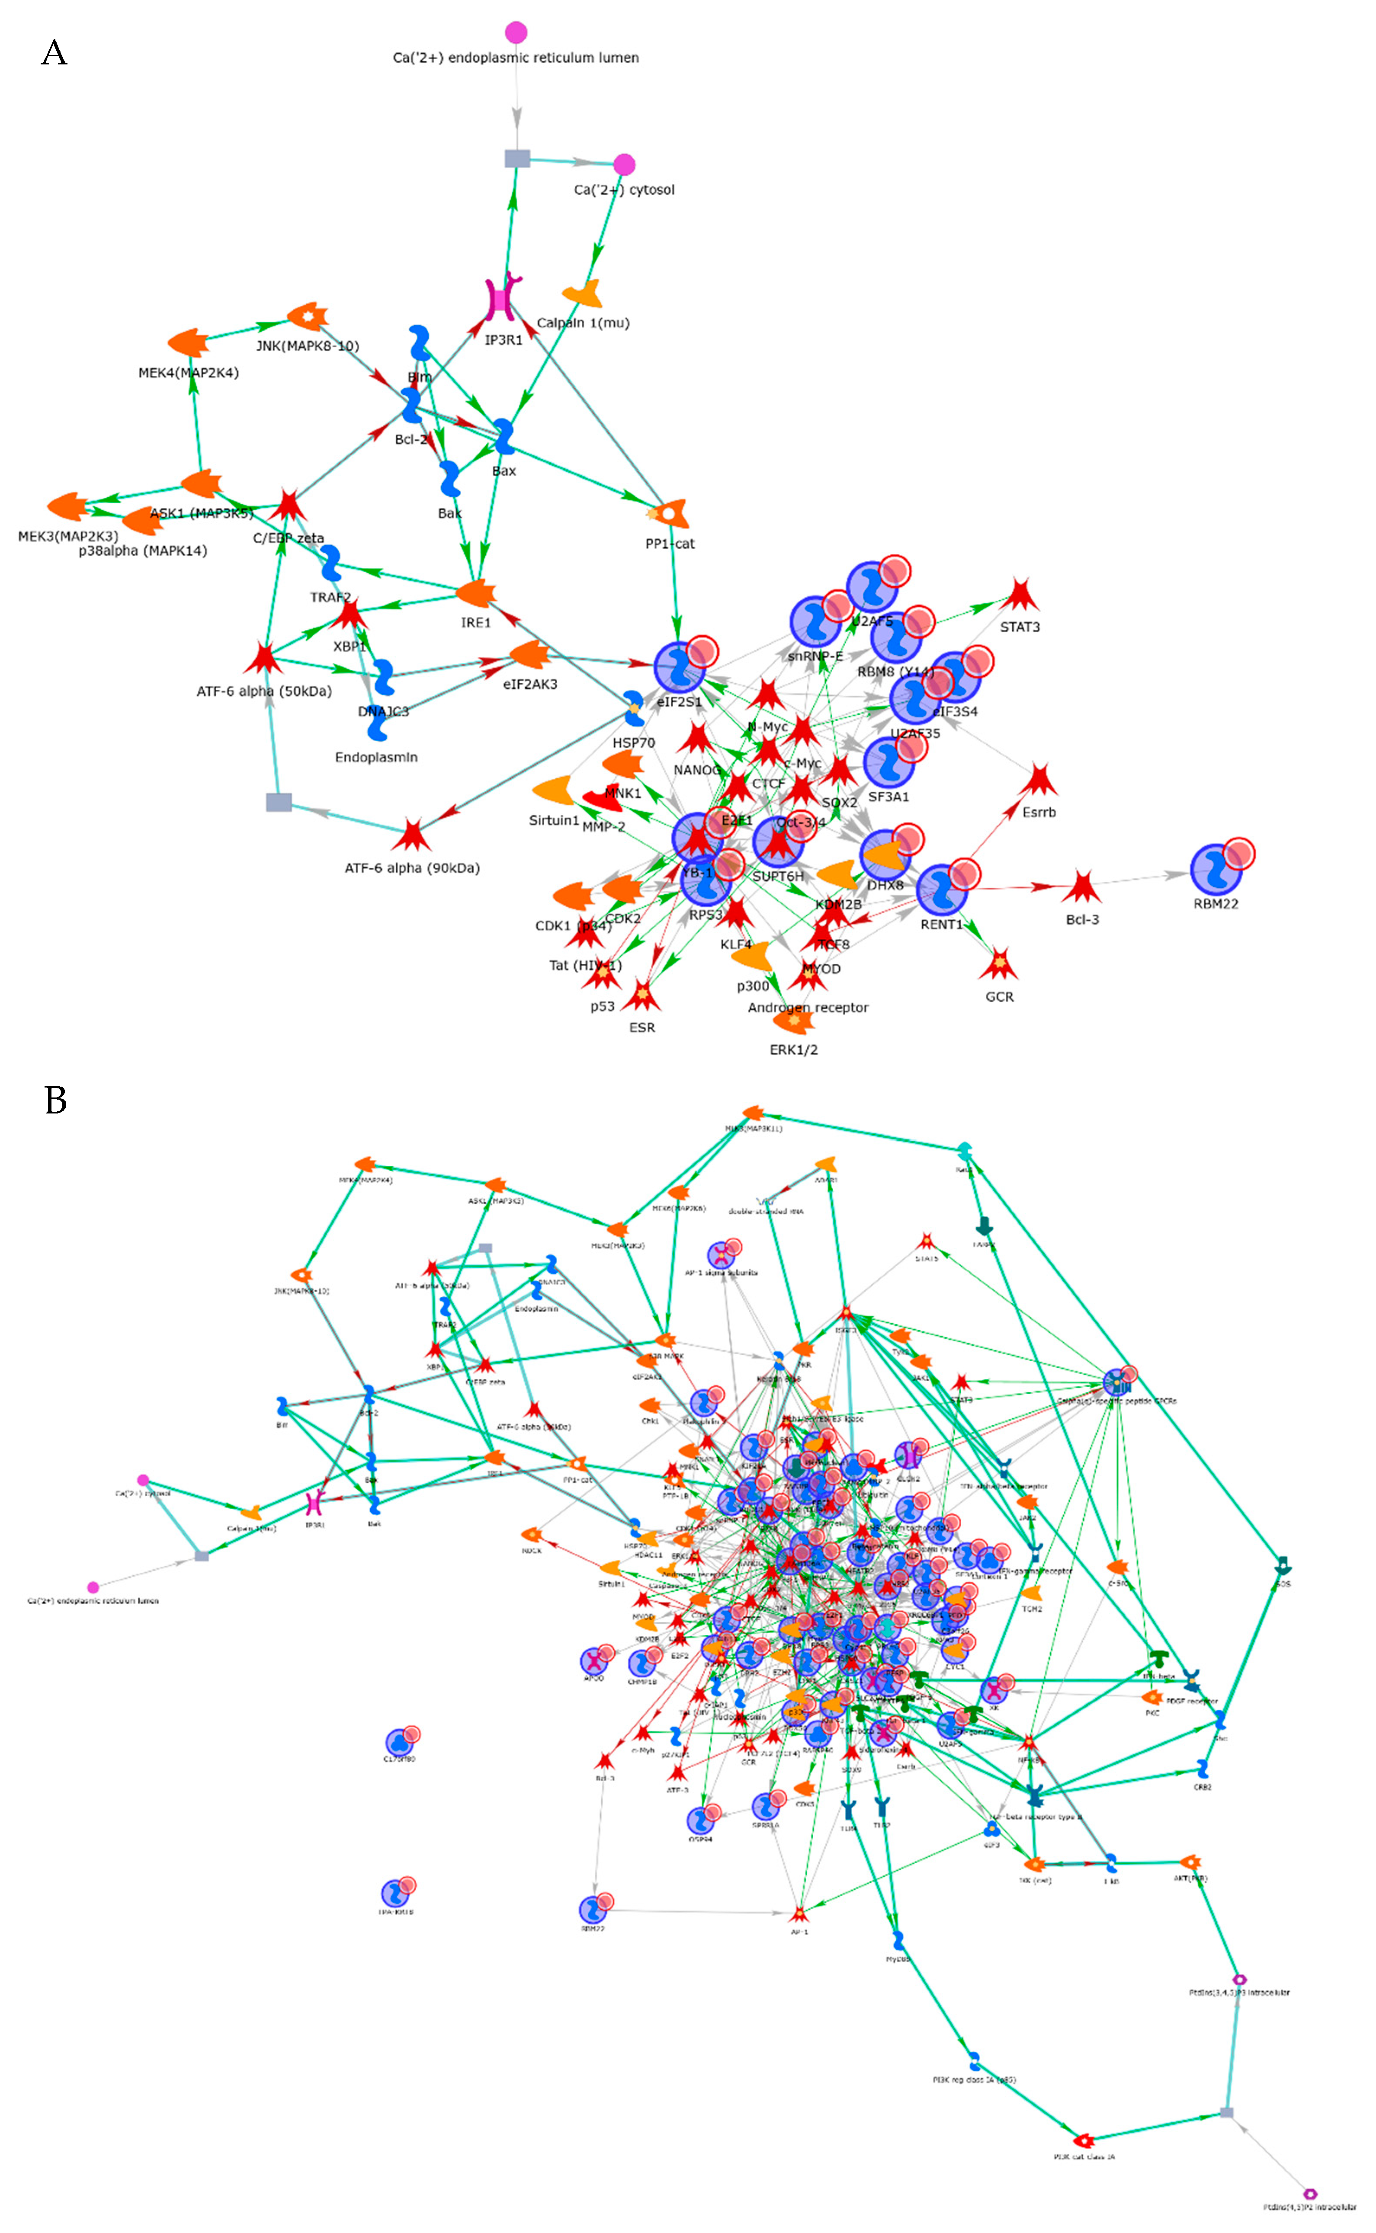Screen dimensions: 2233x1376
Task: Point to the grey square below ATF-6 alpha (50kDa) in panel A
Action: tap(279, 801)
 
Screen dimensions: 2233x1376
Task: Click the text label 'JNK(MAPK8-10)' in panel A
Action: tap(307, 346)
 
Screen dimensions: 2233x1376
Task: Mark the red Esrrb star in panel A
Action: tap(1037, 781)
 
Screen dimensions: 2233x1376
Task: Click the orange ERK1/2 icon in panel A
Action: tap(794, 1022)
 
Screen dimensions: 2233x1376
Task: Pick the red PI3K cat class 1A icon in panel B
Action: tap(1083, 2140)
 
